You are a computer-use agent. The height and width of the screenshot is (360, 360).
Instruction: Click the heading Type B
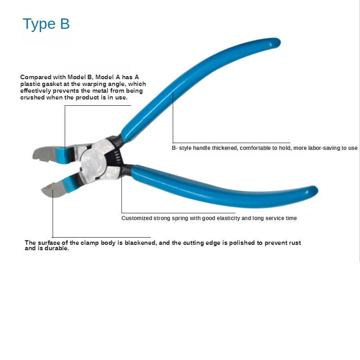(46, 24)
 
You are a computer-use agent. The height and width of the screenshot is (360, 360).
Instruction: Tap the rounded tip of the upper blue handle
(276, 43)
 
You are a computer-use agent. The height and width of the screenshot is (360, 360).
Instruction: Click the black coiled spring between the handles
(117, 156)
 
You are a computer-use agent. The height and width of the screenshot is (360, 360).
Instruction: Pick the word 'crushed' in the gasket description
(32, 97)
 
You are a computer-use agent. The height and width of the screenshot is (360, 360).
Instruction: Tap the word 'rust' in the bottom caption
(295, 243)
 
